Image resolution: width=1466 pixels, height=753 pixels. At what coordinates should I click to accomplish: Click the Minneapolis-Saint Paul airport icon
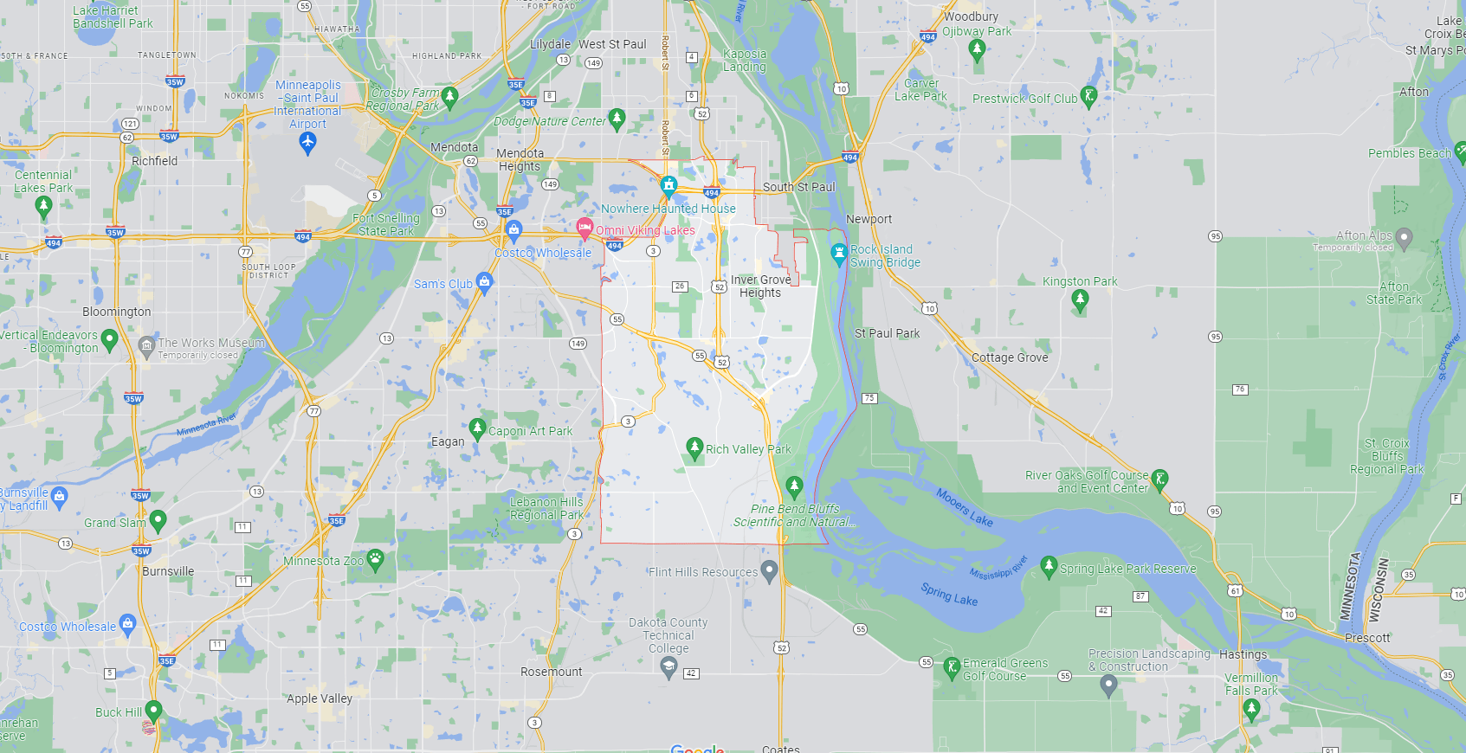307,142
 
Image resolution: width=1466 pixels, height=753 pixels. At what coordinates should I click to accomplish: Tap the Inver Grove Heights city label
760,286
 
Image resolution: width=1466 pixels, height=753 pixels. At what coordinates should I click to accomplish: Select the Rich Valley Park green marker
694,447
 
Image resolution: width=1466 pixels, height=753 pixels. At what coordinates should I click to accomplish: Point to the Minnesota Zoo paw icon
375,559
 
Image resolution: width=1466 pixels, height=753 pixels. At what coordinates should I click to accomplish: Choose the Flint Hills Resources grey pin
768,570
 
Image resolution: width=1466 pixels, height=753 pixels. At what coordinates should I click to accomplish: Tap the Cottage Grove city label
1010,357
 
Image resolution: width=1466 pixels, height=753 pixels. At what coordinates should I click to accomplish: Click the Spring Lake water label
949,595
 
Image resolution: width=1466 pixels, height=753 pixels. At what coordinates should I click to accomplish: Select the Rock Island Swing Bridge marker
838,254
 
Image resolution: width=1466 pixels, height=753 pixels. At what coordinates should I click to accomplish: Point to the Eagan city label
448,441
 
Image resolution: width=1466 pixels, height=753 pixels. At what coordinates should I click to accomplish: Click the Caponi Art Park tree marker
476,428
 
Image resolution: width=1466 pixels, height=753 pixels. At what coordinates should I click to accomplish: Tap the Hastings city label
1243,654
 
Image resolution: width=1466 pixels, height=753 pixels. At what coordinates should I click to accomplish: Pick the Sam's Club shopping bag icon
484,281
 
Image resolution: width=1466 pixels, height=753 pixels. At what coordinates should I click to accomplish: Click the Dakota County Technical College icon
668,666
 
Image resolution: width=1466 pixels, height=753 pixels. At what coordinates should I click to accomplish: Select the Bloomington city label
117,312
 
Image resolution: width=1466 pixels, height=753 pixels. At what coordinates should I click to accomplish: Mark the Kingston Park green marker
1079,299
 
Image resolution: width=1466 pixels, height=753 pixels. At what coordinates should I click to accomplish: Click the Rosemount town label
551,672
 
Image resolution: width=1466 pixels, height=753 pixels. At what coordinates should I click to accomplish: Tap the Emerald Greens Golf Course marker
952,666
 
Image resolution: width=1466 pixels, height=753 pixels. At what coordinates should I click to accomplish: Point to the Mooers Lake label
964,507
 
